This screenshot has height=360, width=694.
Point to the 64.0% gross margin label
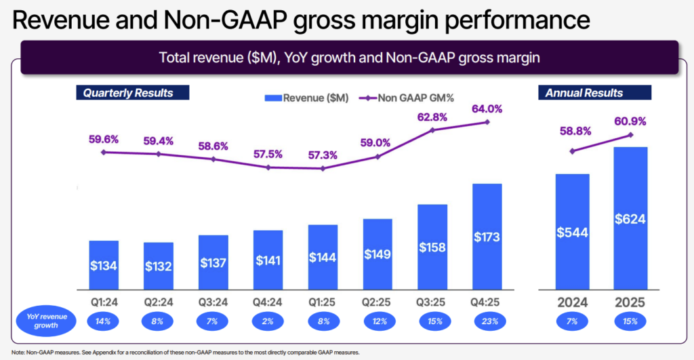(x=487, y=109)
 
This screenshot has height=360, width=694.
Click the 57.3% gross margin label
(x=323, y=155)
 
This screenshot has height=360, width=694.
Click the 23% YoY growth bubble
(x=487, y=320)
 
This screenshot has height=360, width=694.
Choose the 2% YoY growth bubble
(x=268, y=320)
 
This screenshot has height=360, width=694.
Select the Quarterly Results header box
(x=132, y=93)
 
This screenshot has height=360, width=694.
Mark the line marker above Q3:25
(x=432, y=129)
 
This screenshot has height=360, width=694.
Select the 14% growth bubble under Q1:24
(x=104, y=320)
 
